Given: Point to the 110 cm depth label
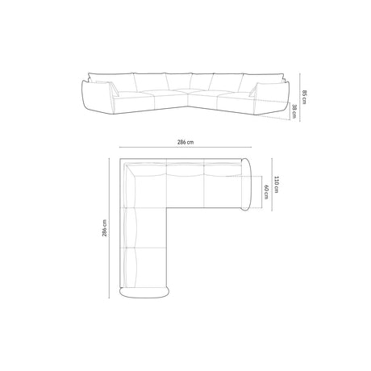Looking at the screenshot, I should [x=276, y=185].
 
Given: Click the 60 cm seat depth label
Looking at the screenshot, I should [x=266, y=191].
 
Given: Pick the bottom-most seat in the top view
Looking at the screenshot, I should [x=144, y=265].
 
